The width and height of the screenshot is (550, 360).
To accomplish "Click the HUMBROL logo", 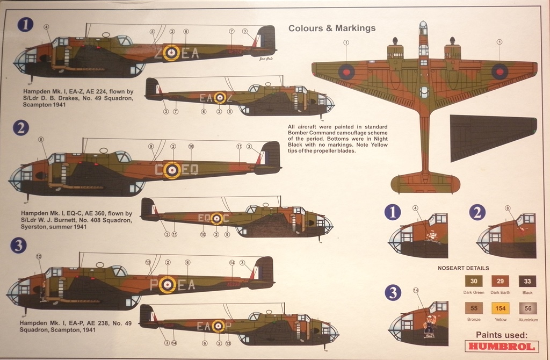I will pyautogui.click(x=502, y=347).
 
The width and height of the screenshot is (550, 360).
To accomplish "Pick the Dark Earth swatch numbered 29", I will pyautogui.click(x=501, y=281).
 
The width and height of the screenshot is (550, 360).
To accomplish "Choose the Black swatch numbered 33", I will pyautogui.click(x=527, y=281).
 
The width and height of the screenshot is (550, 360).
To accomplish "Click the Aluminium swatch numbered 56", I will pyautogui.click(x=527, y=308).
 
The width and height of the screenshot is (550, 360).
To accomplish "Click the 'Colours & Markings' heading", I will pyautogui.click(x=332, y=28).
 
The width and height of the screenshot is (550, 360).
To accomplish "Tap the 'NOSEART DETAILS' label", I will pyautogui.click(x=463, y=268).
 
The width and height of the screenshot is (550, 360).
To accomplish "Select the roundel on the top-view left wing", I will pyautogui.click(x=346, y=71).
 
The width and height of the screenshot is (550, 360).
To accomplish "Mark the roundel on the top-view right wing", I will pyautogui.click(x=500, y=71).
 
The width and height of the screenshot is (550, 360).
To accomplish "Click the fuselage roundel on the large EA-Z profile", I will pyautogui.click(x=171, y=53).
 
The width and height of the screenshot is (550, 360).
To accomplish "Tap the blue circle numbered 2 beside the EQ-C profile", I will pyautogui.click(x=21, y=128).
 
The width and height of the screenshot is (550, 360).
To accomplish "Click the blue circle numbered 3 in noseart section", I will pyautogui.click(x=394, y=293).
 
